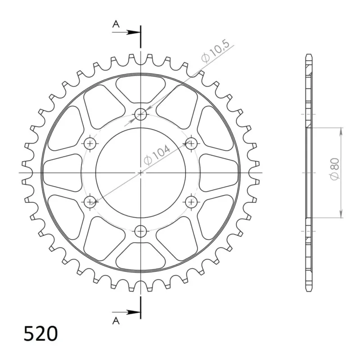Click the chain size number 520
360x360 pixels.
pos(40,333)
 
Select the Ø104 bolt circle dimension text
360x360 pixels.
pos(157,155)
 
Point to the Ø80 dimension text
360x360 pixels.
pos(334,169)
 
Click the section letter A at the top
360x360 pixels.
pos(116,24)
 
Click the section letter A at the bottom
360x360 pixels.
pos(116,321)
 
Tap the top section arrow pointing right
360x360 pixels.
pos(126,32)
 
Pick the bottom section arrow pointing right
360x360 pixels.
pos(126,312)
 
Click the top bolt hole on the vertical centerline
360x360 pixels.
pos(140,114)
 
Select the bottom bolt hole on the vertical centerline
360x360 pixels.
pos(140,231)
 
